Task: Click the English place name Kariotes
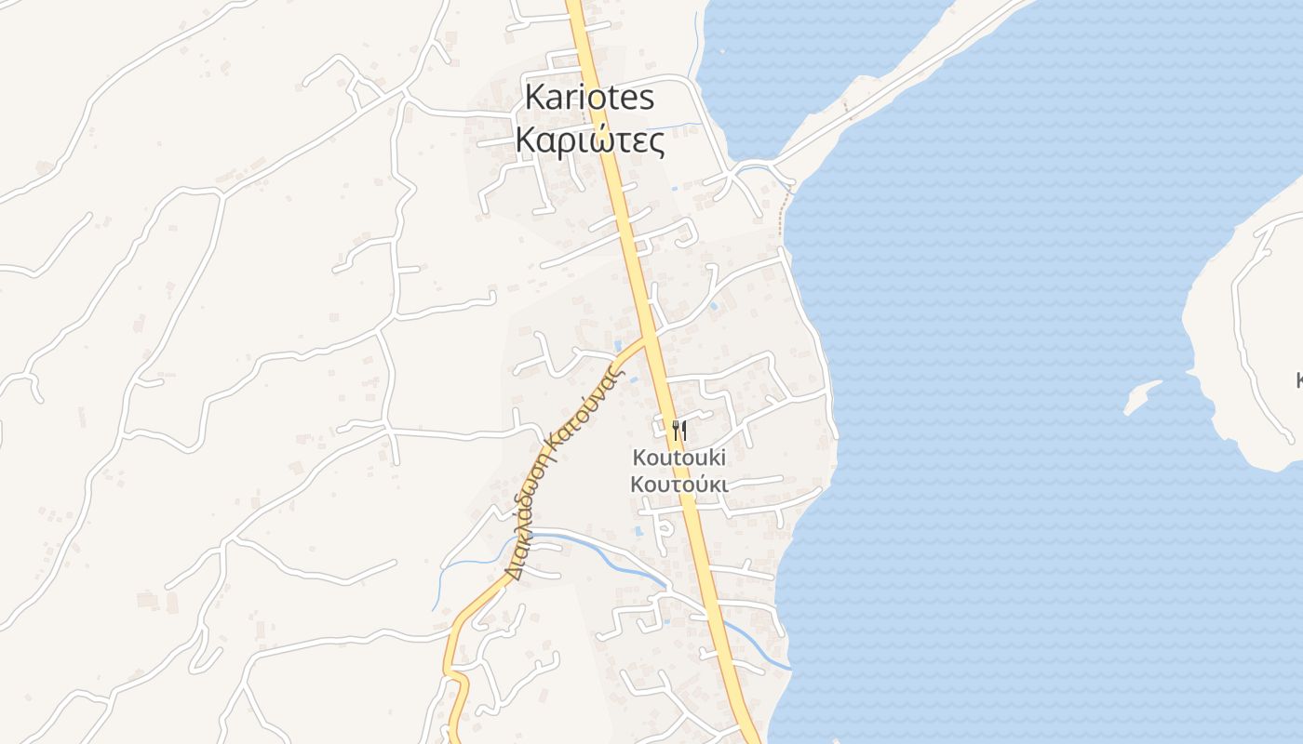tap(590, 97)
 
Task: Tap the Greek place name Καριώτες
tap(590, 141)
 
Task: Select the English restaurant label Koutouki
tap(679, 458)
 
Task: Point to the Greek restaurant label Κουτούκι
tap(679, 484)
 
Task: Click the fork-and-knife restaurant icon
tap(678, 431)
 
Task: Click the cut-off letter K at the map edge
tap(1298, 379)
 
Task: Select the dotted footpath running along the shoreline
tap(784, 205)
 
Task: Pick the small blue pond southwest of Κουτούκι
tap(638, 533)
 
